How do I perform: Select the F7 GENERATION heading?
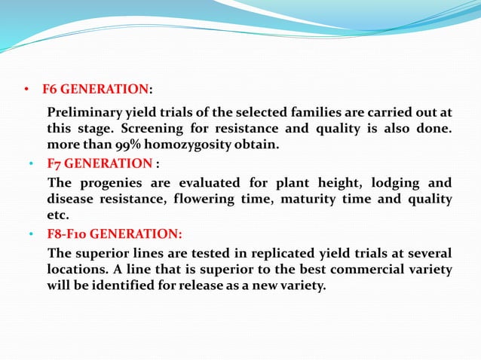(x=100, y=163)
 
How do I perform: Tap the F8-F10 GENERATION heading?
(x=114, y=234)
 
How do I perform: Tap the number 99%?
(x=127, y=145)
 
